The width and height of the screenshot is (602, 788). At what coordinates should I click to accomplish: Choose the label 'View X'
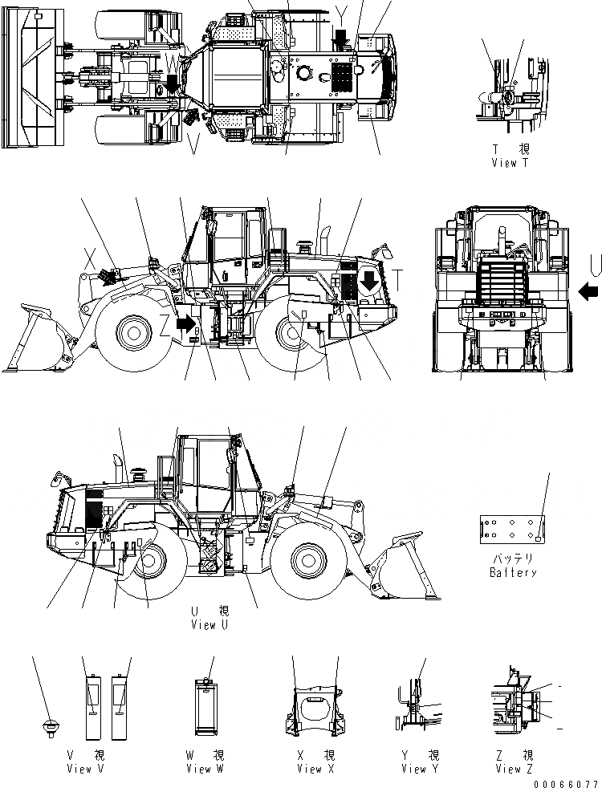pyautogui.click(x=309, y=769)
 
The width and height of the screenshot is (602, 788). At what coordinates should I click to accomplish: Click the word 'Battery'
pyautogui.click(x=513, y=573)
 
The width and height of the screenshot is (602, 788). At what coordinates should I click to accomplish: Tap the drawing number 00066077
pyautogui.click(x=571, y=782)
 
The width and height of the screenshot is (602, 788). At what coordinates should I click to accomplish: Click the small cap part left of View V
pyautogui.click(x=50, y=725)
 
